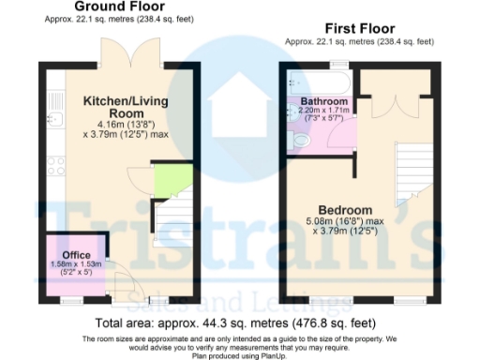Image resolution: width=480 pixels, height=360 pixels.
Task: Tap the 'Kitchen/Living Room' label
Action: (x=125, y=106)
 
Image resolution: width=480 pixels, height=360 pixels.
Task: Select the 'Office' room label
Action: (x=75, y=254)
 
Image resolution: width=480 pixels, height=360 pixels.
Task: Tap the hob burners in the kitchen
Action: (x=53, y=167)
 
